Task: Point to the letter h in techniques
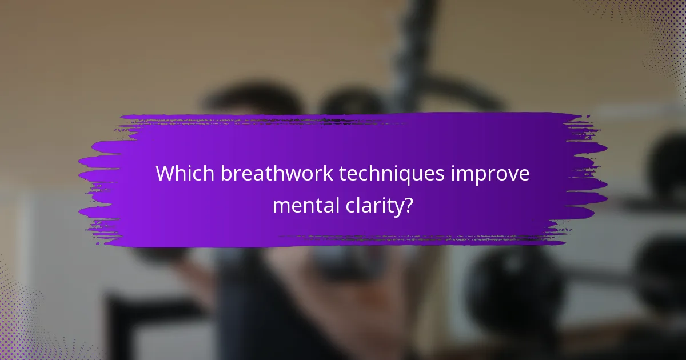(x=377, y=174)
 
